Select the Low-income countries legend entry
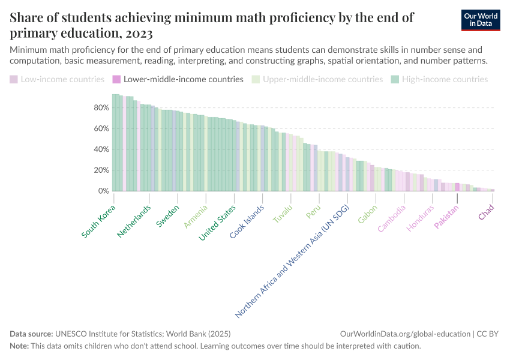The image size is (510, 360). (57, 79)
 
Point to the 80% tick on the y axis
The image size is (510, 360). (101, 108)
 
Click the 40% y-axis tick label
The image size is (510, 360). (101, 149)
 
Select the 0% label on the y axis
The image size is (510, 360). (103, 191)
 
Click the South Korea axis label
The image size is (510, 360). (99, 221)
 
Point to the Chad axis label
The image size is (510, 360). (487, 212)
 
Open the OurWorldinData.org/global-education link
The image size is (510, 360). (404, 334)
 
